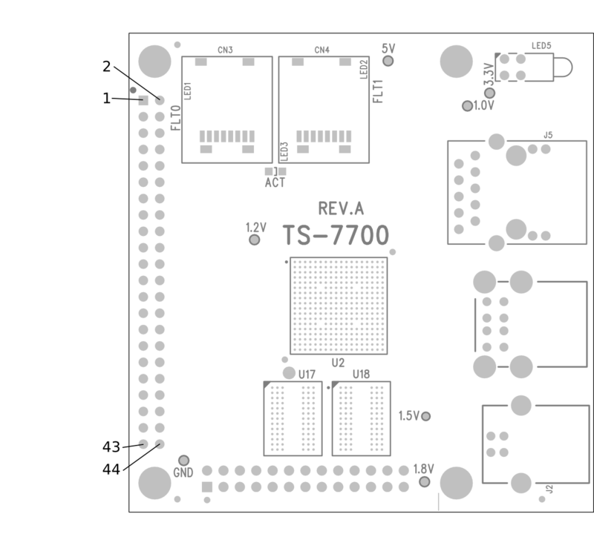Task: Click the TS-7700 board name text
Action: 336,236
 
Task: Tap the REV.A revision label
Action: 341,209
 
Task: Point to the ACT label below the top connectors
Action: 275,182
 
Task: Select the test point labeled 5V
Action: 387,61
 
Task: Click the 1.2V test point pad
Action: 254,240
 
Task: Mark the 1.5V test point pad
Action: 425,416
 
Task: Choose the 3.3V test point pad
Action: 489,93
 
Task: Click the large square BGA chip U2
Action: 338,305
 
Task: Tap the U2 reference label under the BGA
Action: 338,363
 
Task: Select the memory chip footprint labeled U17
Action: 293,418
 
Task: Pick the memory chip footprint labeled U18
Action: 361,418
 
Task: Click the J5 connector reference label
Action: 548,135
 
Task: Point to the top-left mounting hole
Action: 154,61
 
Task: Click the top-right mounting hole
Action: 456,61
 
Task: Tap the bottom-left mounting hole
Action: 154,483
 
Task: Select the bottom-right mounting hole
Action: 456,483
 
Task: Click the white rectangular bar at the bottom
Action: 327,502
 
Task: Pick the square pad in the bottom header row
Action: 207,487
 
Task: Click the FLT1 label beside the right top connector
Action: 379,91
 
